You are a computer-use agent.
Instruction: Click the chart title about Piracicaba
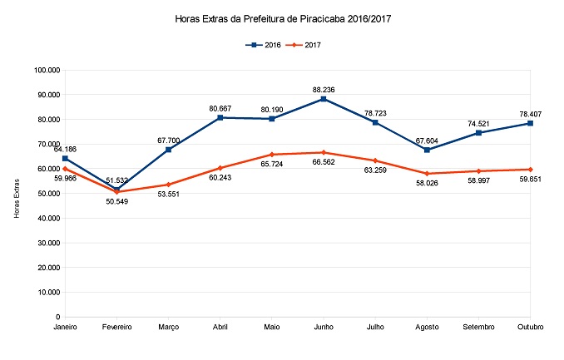[281, 17]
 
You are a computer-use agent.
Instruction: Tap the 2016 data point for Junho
[324, 99]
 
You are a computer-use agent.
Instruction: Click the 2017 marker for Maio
[272, 155]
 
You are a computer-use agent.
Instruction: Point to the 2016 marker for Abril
[220, 117]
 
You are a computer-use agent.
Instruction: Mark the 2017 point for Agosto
[427, 173]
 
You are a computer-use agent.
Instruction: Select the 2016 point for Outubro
[530, 123]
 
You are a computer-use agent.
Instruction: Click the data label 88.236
[324, 87]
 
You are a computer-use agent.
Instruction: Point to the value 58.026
[427, 185]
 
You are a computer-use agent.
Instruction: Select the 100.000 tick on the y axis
[47, 70]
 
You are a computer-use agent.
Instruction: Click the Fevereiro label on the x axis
[117, 328]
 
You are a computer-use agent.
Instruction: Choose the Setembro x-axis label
[478, 328]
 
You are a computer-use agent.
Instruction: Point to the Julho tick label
[375, 328]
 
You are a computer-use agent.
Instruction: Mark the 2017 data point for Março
[169, 185]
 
